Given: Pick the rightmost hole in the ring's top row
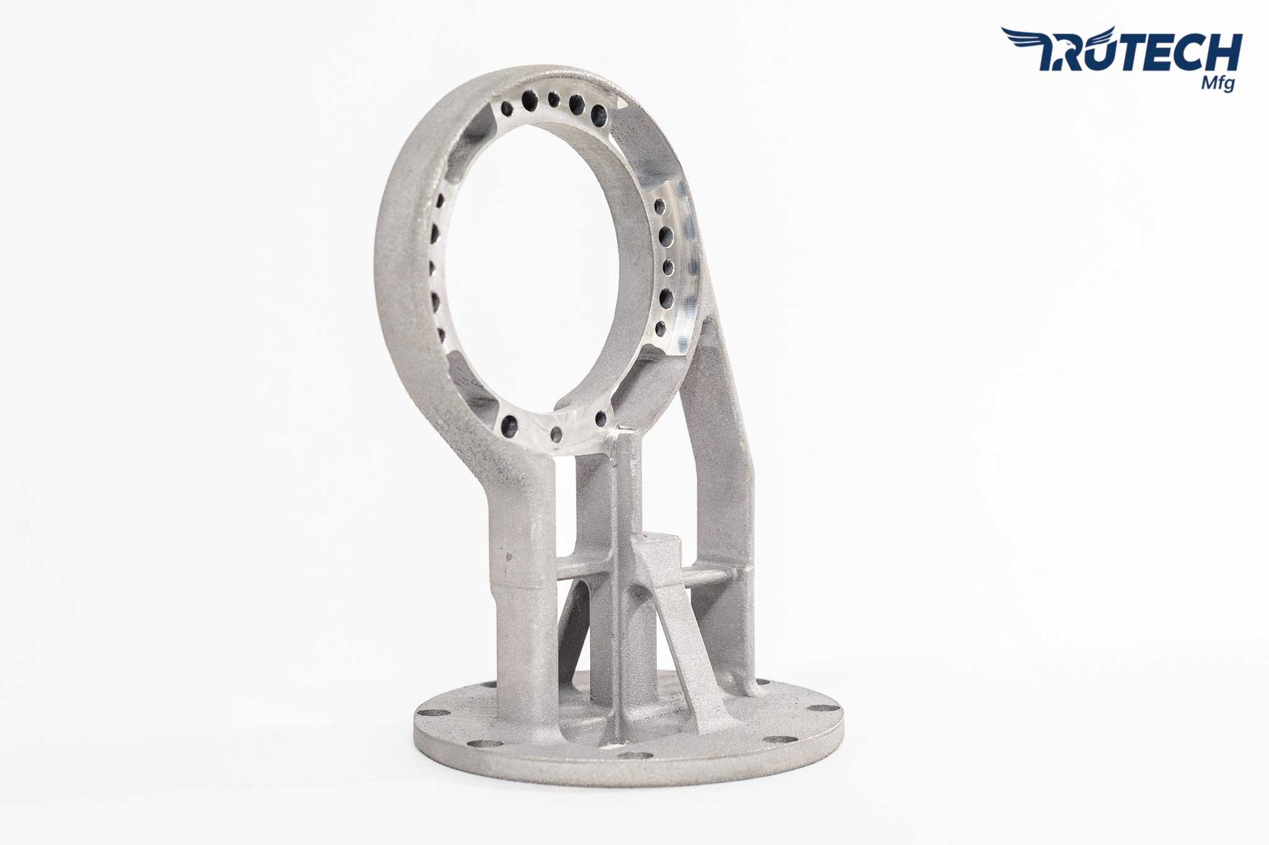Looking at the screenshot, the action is [x=599, y=113].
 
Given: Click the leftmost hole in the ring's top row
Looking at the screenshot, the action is [x=507, y=109].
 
